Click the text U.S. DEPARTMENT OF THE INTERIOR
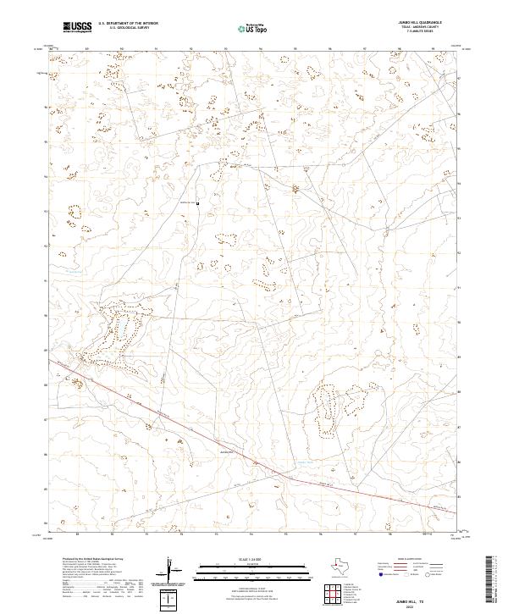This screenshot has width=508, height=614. coord(126,24)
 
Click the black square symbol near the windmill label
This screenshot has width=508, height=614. coord(198,203)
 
